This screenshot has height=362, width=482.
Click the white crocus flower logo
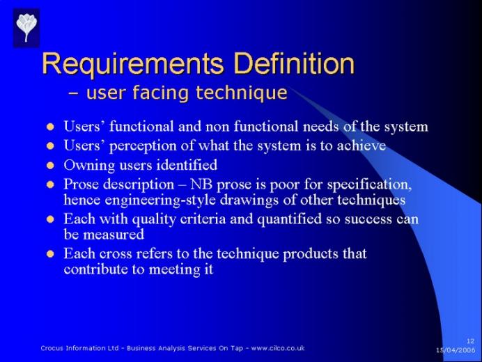point(26,27)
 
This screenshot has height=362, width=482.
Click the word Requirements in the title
point(133,64)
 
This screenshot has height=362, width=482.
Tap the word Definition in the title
point(294,63)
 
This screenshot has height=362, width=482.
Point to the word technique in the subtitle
point(242,93)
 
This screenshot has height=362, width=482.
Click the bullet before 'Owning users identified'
point(50,165)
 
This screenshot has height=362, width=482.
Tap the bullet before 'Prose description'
point(50,184)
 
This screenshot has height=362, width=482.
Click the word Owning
point(89,166)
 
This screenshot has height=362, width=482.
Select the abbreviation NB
point(201,184)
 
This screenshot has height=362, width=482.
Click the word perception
point(143,146)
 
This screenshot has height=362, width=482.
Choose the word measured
point(114,235)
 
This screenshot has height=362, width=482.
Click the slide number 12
point(470,341)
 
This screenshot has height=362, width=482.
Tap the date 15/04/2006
point(456,350)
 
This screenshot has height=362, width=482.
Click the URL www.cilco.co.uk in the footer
point(278,348)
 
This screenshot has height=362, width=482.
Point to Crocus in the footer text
point(52,348)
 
